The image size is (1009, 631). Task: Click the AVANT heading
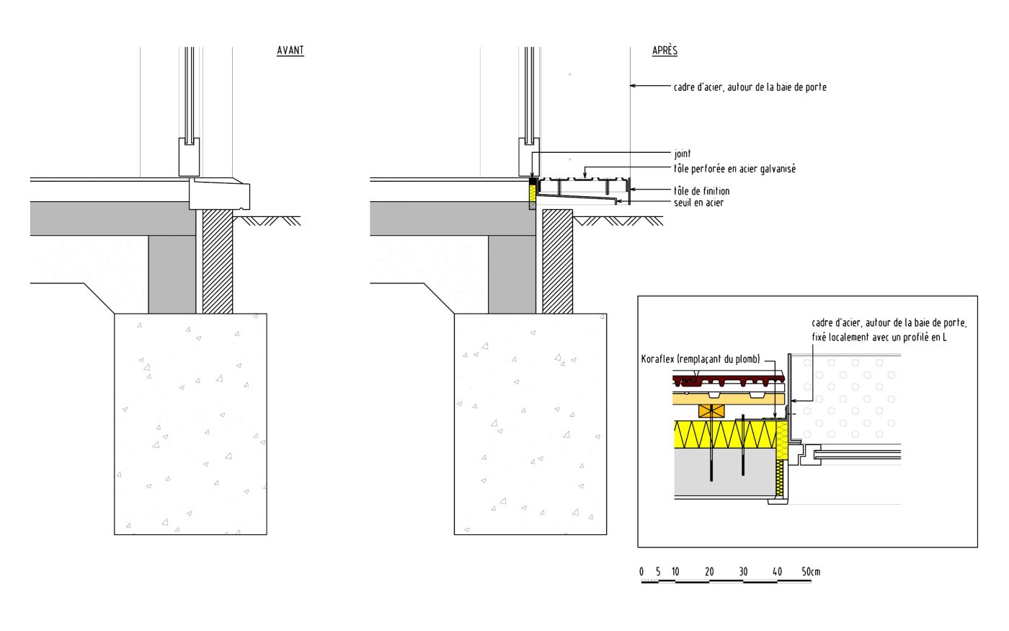(x=290, y=50)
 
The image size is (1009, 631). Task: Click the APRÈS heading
(x=664, y=50)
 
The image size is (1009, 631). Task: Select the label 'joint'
(x=682, y=154)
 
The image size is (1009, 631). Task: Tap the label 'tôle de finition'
(x=701, y=191)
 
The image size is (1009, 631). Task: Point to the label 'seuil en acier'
(x=698, y=203)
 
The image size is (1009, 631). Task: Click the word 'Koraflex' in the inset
(x=659, y=359)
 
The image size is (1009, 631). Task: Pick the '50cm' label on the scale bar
(x=811, y=572)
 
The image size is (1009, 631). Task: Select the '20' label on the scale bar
(x=709, y=572)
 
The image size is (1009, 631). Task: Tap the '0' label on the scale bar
(x=641, y=572)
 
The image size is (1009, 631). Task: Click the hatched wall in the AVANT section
(x=217, y=261)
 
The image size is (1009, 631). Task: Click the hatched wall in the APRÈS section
(x=557, y=261)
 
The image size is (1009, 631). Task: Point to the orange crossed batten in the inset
(x=711, y=412)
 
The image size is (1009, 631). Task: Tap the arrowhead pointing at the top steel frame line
(x=634, y=87)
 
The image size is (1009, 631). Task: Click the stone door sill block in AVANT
(x=219, y=193)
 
